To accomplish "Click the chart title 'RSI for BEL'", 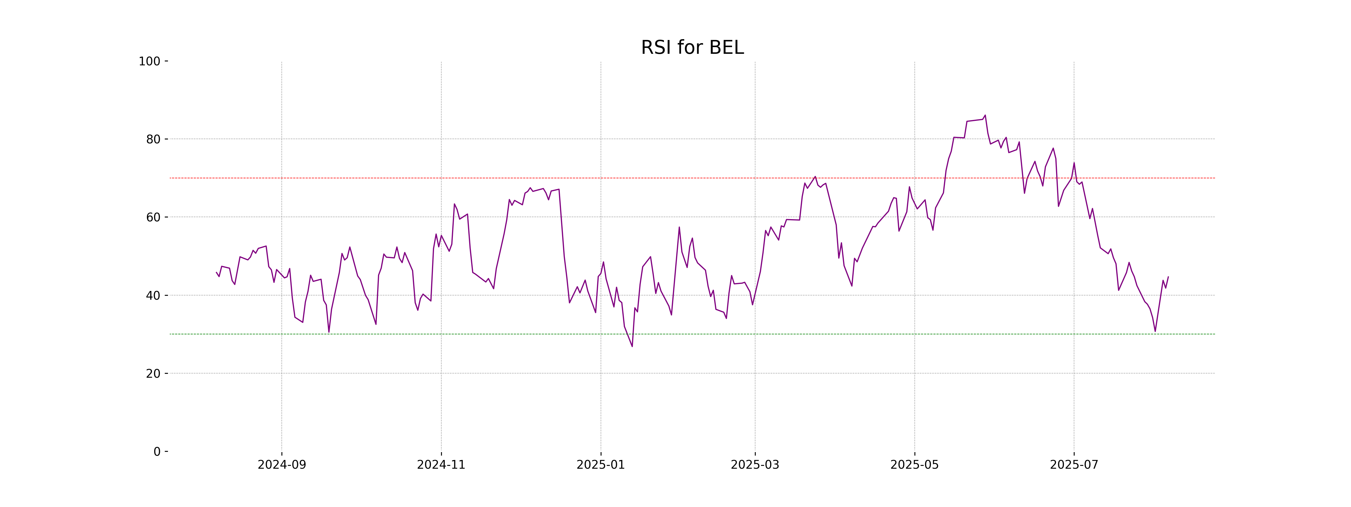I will pyautogui.click(x=692, y=48).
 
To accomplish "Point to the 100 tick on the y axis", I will pyautogui.click(x=149, y=61).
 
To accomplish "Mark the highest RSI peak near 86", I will pyautogui.click(x=985, y=115).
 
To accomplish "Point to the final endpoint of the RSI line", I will pyautogui.click(x=1168, y=277).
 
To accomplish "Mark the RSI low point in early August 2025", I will pyautogui.click(x=1155, y=331).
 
